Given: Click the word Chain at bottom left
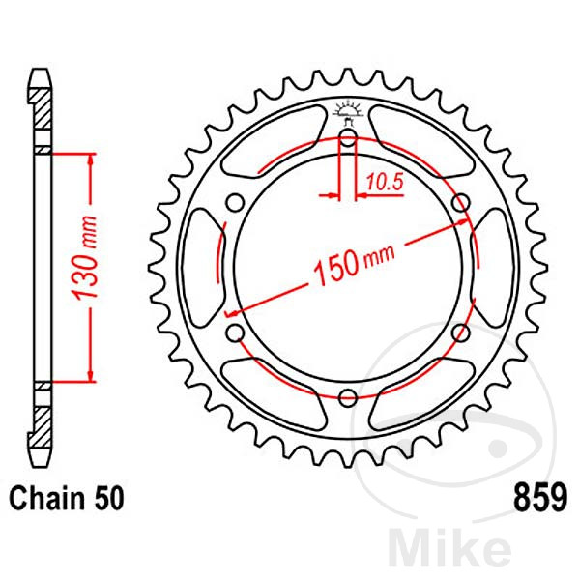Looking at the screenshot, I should point(49,500).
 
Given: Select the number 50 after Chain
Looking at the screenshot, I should point(109,500).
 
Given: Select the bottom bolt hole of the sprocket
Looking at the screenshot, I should point(347,393).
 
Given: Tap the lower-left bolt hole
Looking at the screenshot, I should point(233,333).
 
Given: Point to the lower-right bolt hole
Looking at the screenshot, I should point(461,333).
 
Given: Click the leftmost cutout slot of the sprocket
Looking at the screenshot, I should point(198,267).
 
